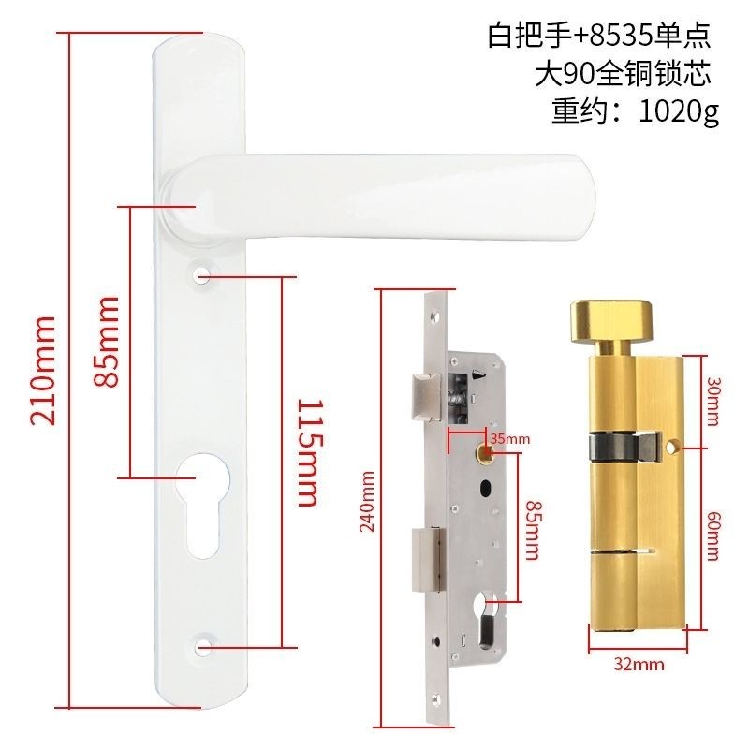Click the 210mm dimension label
click(x=43, y=370)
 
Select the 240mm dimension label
click(x=367, y=501)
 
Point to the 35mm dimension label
click(x=510, y=438)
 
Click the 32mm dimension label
click(x=639, y=665)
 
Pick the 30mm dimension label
click(x=712, y=402)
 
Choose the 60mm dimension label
click(x=712, y=535)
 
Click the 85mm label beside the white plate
click(x=106, y=342)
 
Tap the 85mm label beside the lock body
click(x=533, y=530)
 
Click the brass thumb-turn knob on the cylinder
click(x=611, y=321)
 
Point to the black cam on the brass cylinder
click(x=624, y=448)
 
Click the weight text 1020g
click(x=679, y=112)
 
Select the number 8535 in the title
click(x=622, y=36)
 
